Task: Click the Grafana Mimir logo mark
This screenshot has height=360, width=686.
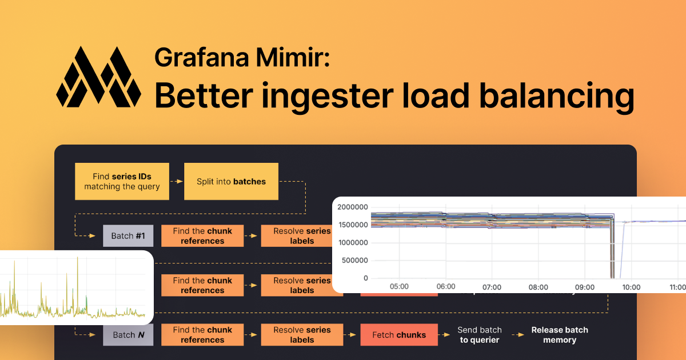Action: click(x=98, y=77)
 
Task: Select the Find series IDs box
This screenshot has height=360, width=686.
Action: click(x=122, y=182)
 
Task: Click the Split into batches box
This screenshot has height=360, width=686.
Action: click(x=231, y=182)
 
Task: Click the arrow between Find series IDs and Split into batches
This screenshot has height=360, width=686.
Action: click(x=176, y=182)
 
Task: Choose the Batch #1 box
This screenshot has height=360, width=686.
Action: click(x=128, y=236)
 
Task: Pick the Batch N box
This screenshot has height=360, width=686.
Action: click(x=128, y=335)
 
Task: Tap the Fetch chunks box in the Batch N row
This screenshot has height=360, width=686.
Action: click(x=398, y=335)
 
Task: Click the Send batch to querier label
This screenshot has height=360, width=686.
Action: click(x=479, y=335)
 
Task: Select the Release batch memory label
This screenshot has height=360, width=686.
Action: click(x=559, y=335)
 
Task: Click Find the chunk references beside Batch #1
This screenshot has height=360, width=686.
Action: click(x=202, y=236)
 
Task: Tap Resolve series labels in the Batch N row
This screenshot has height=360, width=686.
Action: click(x=302, y=335)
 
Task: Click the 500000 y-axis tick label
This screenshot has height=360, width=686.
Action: click(x=355, y=261)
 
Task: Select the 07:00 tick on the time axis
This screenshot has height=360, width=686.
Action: click(x=492, y=287)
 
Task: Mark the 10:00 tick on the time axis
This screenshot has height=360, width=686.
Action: click(x=631, y=287)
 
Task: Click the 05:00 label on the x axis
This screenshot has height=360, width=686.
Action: click(x=398, y=287)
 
